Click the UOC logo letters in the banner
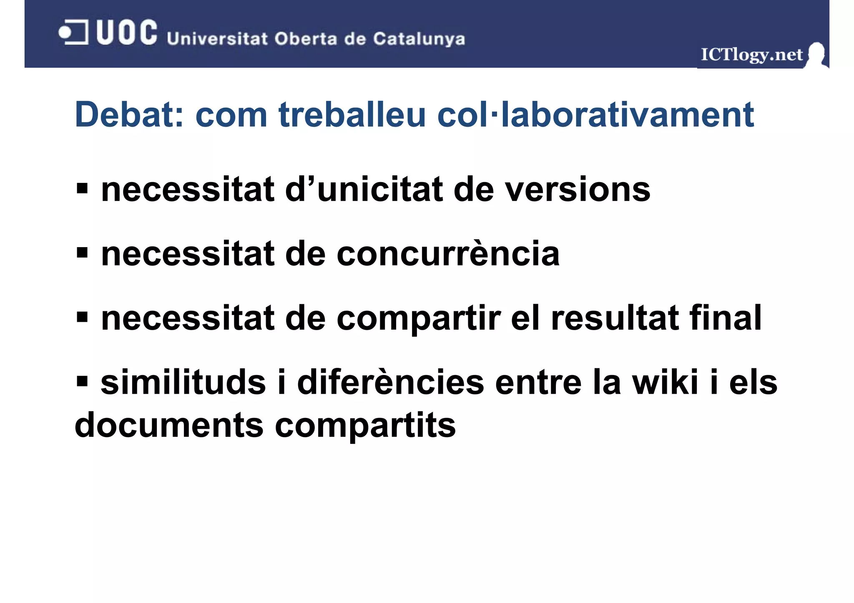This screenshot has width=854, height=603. point(127,33)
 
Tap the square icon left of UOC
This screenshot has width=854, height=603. point(74,32)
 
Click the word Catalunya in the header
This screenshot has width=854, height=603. point(419,39)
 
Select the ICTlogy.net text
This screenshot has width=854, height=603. point(751,55)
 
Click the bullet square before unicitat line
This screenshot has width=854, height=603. point(82,188)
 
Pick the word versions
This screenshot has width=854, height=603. point(578,190)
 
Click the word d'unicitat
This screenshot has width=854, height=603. point(364,190)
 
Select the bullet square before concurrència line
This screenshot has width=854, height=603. point(82,253)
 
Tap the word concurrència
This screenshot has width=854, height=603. point(448,254)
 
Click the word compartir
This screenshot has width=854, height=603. point(419,318)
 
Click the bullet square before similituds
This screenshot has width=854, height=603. point(82,380)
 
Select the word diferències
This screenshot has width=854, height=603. point(390,383)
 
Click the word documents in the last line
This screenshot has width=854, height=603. point(169,426)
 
